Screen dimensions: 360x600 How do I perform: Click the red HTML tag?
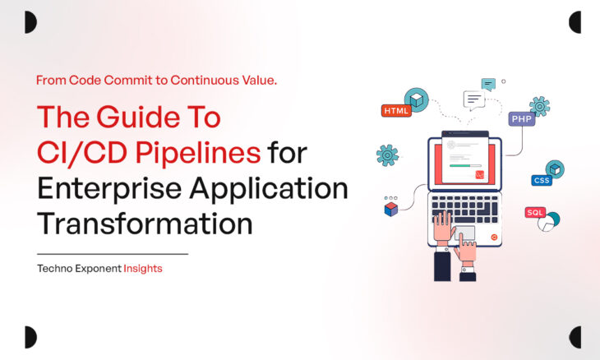[396, 110]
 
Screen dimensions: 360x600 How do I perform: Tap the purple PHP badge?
[521, 119]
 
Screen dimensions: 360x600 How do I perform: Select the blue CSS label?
[541, 180]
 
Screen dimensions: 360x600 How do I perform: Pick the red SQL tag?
[535, 212]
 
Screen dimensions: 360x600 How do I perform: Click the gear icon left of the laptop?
[387, 155]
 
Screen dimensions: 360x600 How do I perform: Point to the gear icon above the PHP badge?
[539, 105]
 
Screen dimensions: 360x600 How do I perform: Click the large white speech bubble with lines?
[474, 100]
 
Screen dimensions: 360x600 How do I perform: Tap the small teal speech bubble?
[488, 83]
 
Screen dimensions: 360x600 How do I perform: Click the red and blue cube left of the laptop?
[391, 209]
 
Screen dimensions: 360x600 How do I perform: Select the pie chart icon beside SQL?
[550, 220]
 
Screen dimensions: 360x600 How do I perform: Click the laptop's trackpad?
[464, 233]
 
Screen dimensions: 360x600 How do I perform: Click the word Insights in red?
[143, 269]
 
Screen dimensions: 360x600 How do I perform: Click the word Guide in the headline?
[140, 118]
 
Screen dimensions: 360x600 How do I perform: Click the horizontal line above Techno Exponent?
[113, 254]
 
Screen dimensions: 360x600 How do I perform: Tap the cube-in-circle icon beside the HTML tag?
[417, 100]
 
